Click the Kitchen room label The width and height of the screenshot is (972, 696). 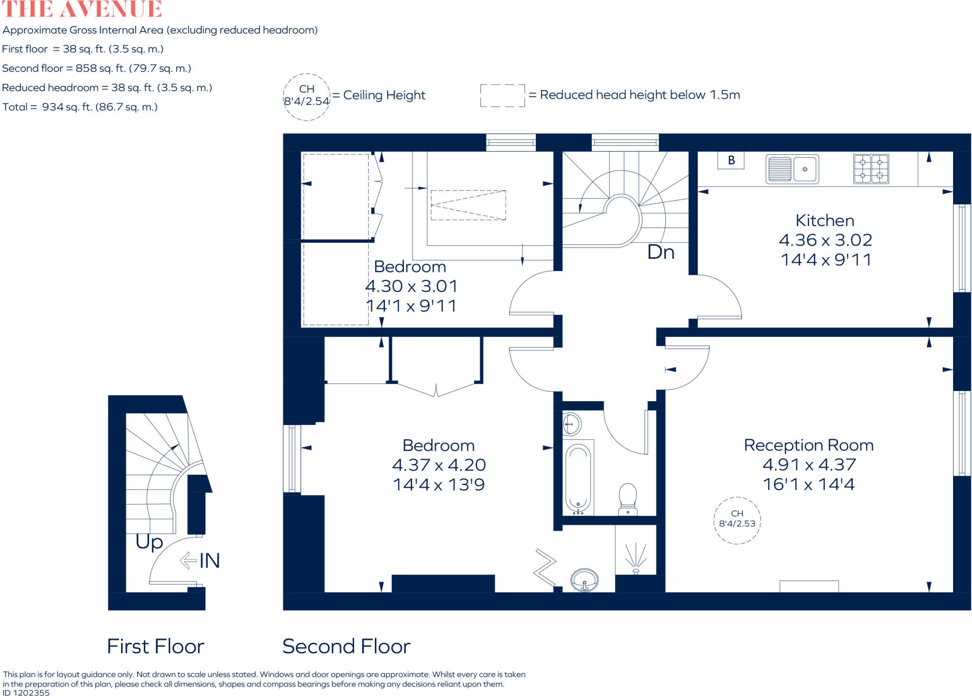point(825,221)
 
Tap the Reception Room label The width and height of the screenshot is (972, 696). point(808,445)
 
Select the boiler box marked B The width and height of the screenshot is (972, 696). point(731,160)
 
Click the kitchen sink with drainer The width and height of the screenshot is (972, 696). point(792,169)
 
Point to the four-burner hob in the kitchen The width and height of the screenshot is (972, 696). point(871,169)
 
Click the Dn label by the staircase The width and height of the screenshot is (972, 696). point(661,252)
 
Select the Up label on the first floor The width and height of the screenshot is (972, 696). point(149,542)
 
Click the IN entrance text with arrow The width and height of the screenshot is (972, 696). point(200,561)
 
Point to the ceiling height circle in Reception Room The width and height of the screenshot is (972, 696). point(737,520)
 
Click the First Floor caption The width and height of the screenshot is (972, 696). point(156,646)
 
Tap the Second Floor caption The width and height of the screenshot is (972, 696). point(346,646)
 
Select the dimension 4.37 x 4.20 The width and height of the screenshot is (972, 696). point(439,465)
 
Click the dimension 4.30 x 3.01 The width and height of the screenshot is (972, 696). point(411,286)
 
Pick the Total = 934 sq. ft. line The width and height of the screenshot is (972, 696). point(80,107)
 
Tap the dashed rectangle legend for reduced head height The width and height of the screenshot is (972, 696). point(502,95)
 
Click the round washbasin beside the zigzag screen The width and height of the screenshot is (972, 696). point(585,580)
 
